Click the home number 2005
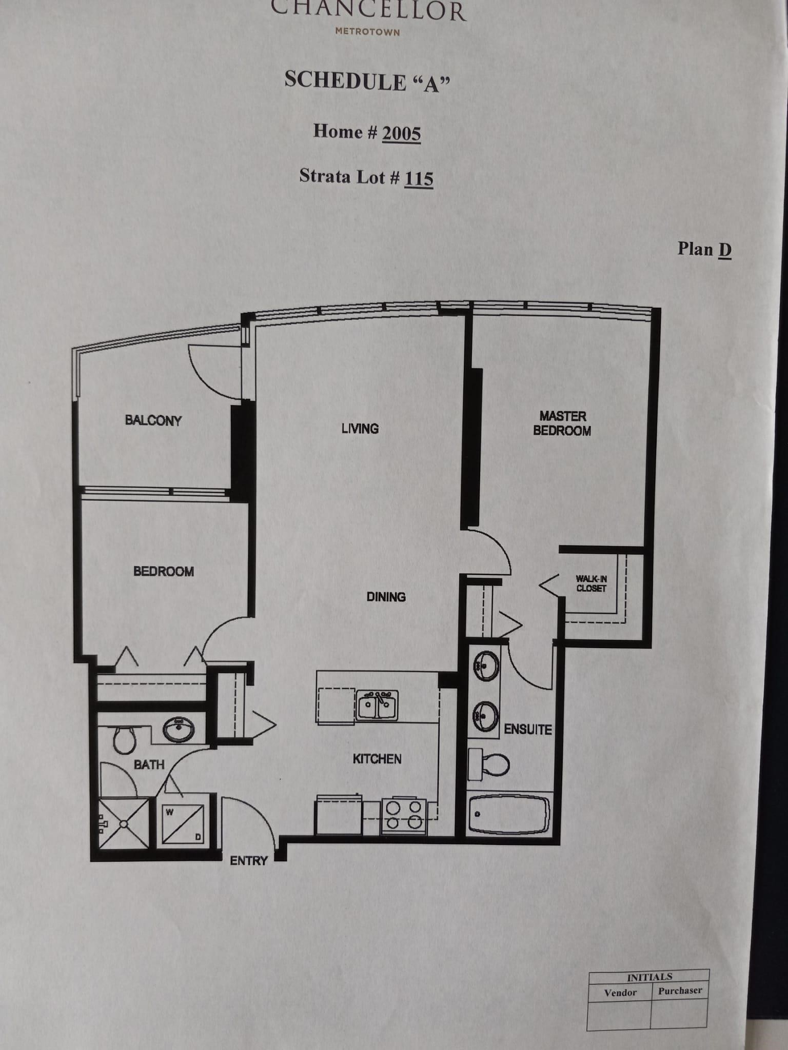[401, 133]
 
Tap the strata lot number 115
[419, 178]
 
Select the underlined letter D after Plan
[724, 250]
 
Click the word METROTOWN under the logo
[367, 32]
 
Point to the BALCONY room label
[153, 420]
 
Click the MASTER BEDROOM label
[562, 423]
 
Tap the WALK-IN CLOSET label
[591, 583]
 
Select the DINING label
[386, 597]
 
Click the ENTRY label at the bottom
[249, 861]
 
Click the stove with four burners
[404, 816]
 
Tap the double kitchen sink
[377, 706]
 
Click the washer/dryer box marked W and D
[183, 824]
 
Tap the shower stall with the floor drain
[123, 824]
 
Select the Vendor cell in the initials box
[620, 993]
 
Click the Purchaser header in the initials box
[680, 991]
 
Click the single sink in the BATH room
[179, 728]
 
